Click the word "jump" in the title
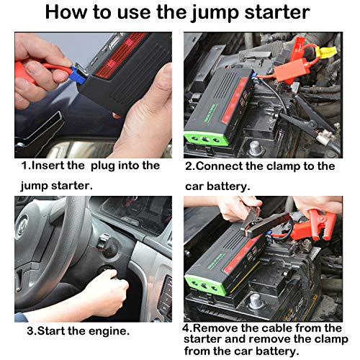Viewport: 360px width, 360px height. [x=215, y=13]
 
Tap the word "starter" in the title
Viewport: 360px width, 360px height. [x=277, y=12]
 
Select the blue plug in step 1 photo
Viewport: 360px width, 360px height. [x=78, y=74]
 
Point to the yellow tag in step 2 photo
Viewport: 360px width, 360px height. [x=326, y=52]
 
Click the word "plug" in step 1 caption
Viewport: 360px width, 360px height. [x=103, y=166]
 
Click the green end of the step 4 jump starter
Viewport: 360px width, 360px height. [x=204, y=283]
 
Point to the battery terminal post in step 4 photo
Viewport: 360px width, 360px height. [x=256, y=302]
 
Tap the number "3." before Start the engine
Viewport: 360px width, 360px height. [x=32, y=331]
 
